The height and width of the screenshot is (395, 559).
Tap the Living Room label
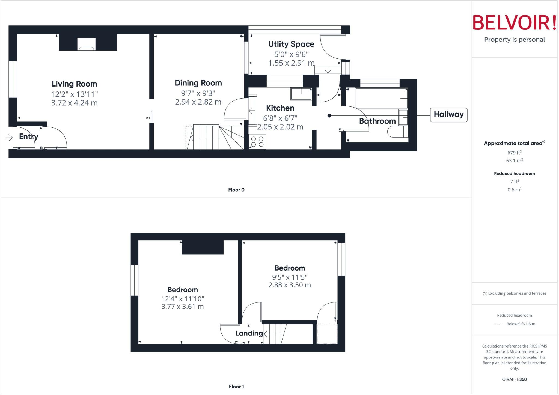pos(74,84)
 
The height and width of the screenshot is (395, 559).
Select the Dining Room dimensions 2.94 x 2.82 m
pos(198,102)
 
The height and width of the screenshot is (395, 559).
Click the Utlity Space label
pos(291,44)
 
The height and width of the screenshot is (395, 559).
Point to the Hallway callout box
pos(448,115)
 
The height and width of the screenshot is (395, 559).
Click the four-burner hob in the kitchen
pos(257,142)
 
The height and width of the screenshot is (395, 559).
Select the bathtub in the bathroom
pos(381,98)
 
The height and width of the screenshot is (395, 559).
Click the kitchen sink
pos(301,94)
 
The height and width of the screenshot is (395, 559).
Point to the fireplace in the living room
pos(87,44)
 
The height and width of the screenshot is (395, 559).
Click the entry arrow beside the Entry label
pos(9,138)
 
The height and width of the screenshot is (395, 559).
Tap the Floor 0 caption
pos(236,190)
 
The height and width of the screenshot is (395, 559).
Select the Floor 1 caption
pos(236,387)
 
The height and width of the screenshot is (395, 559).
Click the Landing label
pos(249,333)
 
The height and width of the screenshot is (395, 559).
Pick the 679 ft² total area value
pos(514,153)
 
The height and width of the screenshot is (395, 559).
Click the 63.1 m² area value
pos(514,161)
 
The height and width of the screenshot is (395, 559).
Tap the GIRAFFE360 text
pos(514,379)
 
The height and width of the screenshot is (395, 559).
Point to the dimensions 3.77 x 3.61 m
pos(182,307)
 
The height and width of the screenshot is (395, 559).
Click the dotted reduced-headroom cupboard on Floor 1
pos(327,334)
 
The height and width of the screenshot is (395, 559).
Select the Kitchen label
pos(280,108)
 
